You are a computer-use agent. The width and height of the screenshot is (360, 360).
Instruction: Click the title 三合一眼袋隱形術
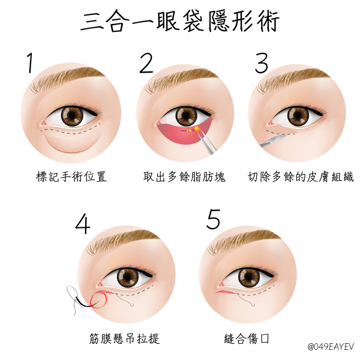(x=180, y=21)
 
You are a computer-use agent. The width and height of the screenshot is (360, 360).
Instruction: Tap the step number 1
(x=30, y=62)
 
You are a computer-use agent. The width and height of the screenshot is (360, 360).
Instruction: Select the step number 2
(x=146, y=62)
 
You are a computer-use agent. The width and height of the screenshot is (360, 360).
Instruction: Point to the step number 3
(x=262, y=62)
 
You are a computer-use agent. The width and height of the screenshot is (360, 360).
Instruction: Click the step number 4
(x=83, y=224)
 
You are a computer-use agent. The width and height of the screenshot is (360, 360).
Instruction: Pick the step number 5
(x=213, y=219)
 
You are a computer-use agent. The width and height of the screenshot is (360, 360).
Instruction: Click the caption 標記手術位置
(x=71, y=177)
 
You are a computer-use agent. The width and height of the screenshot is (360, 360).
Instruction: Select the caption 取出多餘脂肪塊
(x=184, y=177)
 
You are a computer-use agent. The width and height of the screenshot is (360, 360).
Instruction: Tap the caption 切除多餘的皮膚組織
(x=301, y=177)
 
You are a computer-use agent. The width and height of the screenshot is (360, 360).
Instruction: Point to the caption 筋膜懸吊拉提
(x=124, y=338)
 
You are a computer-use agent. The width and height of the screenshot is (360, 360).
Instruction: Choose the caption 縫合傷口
(x=247, y=338)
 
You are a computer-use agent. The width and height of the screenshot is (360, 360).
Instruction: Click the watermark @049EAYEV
(x=331, y=347)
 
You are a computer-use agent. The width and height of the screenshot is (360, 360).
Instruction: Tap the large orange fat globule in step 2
(x=197, y=129)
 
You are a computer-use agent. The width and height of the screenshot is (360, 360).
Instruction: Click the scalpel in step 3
(x=273, y=140)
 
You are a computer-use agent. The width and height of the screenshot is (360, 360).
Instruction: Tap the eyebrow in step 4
(x=123, y=241)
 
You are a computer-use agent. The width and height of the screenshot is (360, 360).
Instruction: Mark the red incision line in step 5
(x=226, y=292)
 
